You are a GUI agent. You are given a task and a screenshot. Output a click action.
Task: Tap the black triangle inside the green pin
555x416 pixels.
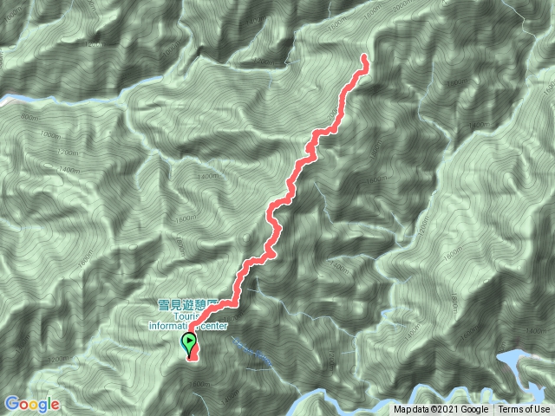(x=189, y=341)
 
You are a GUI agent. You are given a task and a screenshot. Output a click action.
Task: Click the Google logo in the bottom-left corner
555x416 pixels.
(x=31, y=404)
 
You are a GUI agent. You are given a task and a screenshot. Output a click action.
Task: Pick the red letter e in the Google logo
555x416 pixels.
(x=55, y=405)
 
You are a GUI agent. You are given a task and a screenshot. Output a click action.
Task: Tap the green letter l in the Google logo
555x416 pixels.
(x=49, y=404)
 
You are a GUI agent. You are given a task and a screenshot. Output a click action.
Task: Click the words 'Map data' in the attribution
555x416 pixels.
(x=412, y=410)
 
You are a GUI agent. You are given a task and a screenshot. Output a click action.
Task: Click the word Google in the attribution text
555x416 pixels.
(x=474, y=410)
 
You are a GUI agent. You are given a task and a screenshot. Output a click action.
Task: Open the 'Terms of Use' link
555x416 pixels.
(x=524, y=410)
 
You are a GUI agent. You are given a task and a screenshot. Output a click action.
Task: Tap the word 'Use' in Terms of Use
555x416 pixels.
(x=541, y=410)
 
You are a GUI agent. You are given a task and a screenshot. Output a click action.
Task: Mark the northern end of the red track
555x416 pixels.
(x=363, y=58)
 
